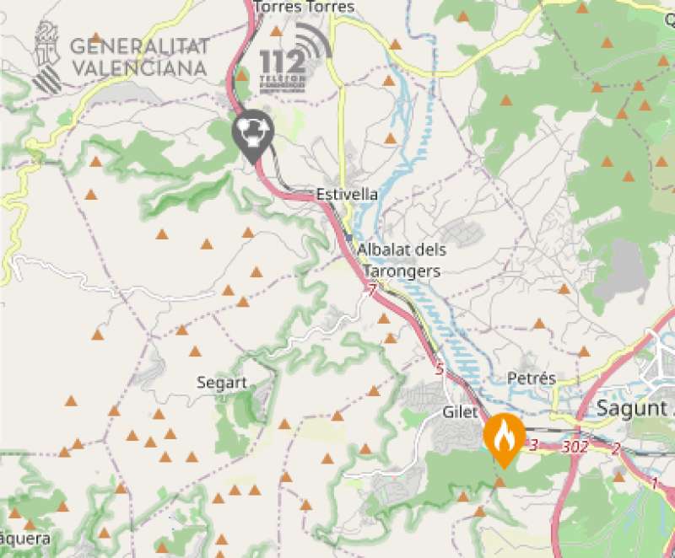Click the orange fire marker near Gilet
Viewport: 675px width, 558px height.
point(505,436)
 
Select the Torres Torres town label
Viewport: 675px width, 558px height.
point(303,8)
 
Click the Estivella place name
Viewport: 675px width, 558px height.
point(347,195)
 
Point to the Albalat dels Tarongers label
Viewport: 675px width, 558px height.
point(402,260)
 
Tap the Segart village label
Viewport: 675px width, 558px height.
point(222,383)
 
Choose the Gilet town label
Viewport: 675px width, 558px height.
point(461,412)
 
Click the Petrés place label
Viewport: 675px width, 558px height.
point(532,378)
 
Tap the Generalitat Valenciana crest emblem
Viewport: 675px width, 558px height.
point(47,56)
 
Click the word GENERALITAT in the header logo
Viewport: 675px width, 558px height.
point(140,46)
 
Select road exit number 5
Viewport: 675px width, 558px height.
point(439,369)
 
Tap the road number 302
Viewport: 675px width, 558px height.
point(574,447)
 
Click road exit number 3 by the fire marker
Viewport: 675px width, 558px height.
point(533,443)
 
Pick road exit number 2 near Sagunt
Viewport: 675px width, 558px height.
point(616,449)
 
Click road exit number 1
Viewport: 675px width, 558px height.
point(654,484)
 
